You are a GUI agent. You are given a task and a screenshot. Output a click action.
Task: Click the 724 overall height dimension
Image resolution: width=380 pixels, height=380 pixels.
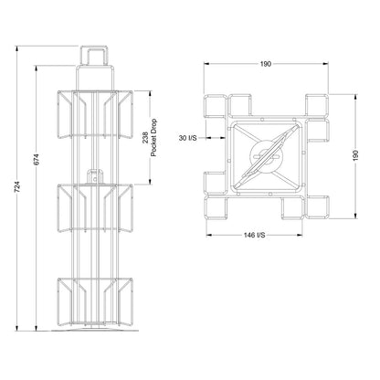(17, 186)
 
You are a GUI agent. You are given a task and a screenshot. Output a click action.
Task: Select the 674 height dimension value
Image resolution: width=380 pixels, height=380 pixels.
(37, 160)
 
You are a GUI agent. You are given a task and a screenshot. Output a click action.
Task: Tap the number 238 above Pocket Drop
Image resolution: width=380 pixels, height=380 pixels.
(145, 137)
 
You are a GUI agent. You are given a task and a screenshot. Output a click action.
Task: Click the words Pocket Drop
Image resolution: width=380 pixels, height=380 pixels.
(153, 138)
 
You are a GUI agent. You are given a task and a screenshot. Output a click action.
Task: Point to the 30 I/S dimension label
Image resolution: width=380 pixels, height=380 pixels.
(187, 138)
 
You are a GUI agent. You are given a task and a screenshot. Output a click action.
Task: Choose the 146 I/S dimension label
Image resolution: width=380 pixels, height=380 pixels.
(254, 235)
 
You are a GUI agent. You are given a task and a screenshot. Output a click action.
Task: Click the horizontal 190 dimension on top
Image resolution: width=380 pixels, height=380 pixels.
(266, 64)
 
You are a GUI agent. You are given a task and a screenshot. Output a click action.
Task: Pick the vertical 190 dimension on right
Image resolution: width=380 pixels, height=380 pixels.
(356, 155)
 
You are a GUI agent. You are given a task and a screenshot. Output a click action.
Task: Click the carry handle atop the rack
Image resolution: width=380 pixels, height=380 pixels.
(94, 56)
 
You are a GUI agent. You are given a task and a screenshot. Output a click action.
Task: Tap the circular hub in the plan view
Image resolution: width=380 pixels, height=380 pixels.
(267, 155)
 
